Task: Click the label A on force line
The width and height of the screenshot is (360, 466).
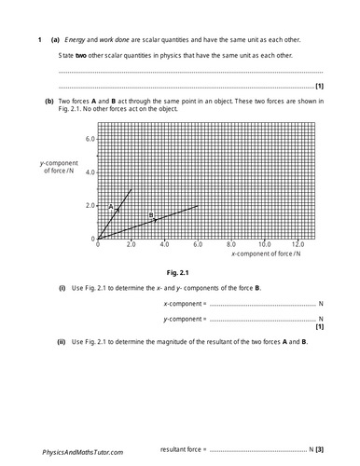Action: pyautogui.click(x=110, y=207)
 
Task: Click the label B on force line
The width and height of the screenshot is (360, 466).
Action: pyautogui.click(x=151, y=216)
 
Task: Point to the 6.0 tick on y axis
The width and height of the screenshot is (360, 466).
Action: pyautogui.click(x=89, y=138)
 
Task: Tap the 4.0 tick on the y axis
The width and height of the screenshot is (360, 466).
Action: pyautogui.click(x=89, y=171)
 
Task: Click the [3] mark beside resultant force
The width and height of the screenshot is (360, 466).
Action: pyautogui.click(x=319, y=449)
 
